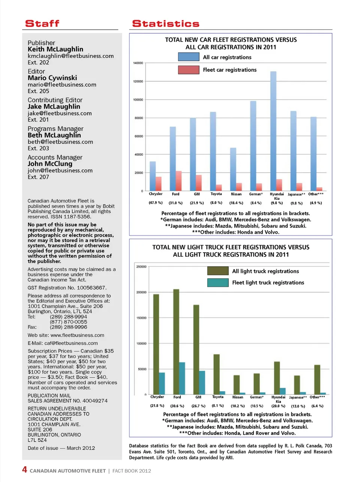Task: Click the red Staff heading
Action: [42, 24]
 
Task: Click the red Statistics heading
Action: [165, 24]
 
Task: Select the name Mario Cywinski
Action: [52, 78]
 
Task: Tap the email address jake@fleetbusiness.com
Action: [59, 113]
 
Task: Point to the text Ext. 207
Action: [38, 177]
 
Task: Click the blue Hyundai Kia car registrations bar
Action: [273, 131]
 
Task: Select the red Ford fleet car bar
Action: [178, 181]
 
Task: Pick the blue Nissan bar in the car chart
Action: [233, 169]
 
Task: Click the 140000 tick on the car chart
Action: [138, 63]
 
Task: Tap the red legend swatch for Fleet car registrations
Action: [188, 69]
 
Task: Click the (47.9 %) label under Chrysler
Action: [156, 203]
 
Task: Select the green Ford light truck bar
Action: [176, 342]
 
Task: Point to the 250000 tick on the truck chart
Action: [141, 267]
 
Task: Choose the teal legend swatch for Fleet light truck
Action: [217, 282]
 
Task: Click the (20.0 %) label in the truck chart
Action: [278, 406]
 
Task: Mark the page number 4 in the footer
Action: [24, 470]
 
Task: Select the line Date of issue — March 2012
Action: [61, 448]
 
